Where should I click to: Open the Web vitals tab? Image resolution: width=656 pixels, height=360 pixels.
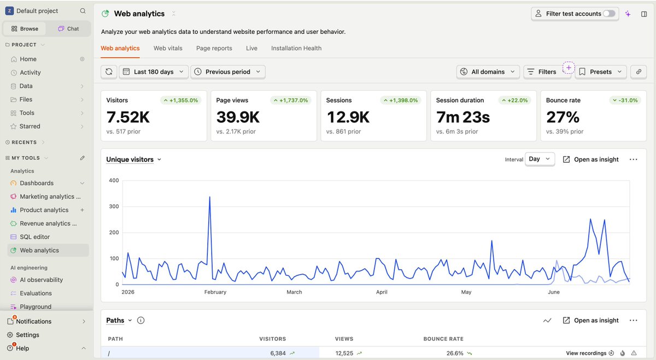(x=168, y=48)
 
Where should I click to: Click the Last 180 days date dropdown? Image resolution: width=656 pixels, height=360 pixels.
(x=154, y=72)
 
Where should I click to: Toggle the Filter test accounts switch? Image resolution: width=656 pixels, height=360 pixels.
(x=609, y=14)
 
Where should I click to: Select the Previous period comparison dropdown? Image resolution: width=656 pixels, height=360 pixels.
(x=228, y=72)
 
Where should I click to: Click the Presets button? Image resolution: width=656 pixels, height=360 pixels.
(x=601, y=72)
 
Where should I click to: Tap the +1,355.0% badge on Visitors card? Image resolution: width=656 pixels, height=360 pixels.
(x=181, y=101)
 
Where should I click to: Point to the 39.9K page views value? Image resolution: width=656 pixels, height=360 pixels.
(x=238, y=117)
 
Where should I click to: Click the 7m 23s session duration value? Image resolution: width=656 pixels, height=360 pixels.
(x=462, y=117)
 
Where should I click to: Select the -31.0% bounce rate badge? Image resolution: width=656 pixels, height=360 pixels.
(x=625, y=101)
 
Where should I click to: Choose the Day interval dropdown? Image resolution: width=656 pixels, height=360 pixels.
(x=540, y=159)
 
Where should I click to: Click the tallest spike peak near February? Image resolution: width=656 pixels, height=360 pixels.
(x=210, y=197)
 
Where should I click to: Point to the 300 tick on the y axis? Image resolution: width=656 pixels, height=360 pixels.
(x=114, y=206)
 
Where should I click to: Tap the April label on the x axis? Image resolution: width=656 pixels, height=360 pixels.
(x=382, y=292)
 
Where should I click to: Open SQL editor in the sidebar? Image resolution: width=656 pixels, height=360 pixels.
(x=34, y=237)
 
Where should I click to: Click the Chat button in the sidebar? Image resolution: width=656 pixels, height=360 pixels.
(x=68, y=29)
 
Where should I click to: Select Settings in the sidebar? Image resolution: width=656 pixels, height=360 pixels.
(x=27, y=334)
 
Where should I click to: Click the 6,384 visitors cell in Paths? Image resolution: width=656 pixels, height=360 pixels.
(x=278, y=353)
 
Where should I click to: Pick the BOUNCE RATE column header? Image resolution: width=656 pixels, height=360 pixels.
(x=443, y=339)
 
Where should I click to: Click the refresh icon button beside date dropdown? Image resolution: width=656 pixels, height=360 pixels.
(x=109, y=72)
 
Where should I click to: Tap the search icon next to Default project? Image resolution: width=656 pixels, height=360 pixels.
(x=83, y=11)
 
